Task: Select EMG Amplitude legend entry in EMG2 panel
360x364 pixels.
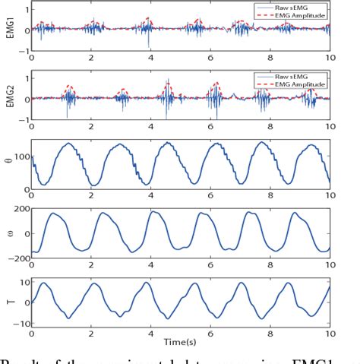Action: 301,81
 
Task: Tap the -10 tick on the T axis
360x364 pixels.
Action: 17,324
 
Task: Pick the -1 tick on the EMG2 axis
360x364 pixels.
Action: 22,122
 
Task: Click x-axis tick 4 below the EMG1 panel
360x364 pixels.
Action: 150,56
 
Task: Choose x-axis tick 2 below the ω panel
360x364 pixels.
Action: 90,265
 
